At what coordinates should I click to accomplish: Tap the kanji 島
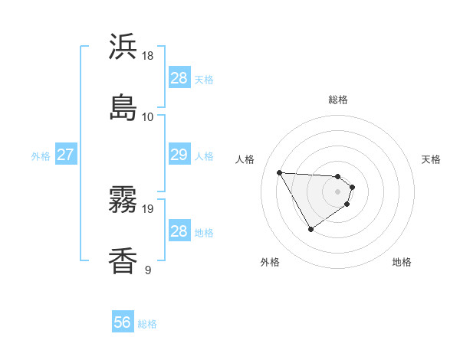(x=123, y=106)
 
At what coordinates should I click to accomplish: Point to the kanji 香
(x=123, y=260)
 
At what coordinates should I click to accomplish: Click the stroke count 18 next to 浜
(x=148, y=56)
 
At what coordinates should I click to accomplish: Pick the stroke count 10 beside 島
(x=148, y=116)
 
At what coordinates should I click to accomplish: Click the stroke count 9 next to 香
(x=148, y=270)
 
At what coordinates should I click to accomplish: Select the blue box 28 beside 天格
(x=179, y=78)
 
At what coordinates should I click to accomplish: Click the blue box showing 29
(x=179, y=155)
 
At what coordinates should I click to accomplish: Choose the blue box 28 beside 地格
(x=179, y=231)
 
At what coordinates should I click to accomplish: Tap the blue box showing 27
(x=65, y=155)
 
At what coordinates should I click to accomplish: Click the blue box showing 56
(x=123, y=322)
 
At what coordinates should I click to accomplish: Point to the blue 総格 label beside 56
(x=147, y=324)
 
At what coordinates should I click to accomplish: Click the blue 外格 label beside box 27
(x=41, y=156)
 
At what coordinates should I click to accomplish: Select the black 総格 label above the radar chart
(x=338, y=100)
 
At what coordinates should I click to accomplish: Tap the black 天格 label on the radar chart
(x=432, y=159)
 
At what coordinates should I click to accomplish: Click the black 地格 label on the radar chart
(x=402, y=263)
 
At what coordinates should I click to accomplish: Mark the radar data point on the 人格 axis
(x=279, y=172)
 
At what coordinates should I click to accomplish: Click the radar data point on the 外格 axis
(x=310, y=229)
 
